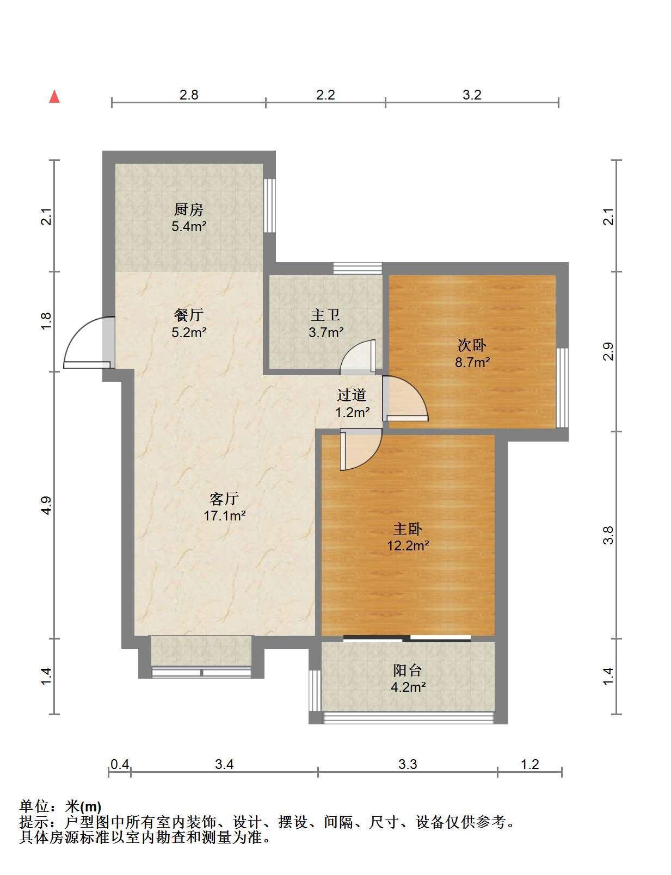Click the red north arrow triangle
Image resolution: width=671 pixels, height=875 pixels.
pyautogui.click(x=54, y=97)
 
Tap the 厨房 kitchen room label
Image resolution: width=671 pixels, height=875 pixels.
pyautogui.click(x=188, y=209)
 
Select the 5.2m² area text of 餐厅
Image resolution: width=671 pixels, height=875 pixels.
pyautogui.click(x=189, y=333)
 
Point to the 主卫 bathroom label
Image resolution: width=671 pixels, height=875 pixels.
pyautogui.click(x=325, y=315)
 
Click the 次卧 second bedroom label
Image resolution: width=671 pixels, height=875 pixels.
pyautogui.click(x=472, y=345)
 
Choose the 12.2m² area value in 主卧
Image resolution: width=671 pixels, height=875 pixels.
pyautogui.click(x=408, y=545)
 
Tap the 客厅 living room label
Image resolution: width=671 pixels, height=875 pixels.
pyautogui.click(x=224, y=499)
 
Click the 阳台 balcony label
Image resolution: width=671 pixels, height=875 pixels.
pyautogui.click(x=408, y=670)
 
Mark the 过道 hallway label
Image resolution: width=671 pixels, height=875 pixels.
pyautogui.click(x=352, y=395)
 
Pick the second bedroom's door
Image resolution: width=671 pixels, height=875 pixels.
pyautogui.click(x=405, y=399)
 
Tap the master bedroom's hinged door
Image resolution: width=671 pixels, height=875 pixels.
pyautogui.click(x=361, y=449)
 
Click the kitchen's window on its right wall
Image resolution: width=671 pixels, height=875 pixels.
pyautogui.click(x=269, y=206)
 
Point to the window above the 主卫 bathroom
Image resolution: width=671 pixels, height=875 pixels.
pyautogui.click(x=358, y=269)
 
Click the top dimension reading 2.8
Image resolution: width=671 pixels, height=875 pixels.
pyautogui.click(x=189, y=95)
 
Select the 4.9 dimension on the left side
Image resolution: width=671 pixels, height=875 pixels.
pyautogui.click(x=47, y=505)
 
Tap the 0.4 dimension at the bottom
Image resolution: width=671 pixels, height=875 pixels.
pyautogui.click(x=120, y=764)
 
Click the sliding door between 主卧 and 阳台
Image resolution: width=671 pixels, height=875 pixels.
pyautogui.click(x=407, y=638)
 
